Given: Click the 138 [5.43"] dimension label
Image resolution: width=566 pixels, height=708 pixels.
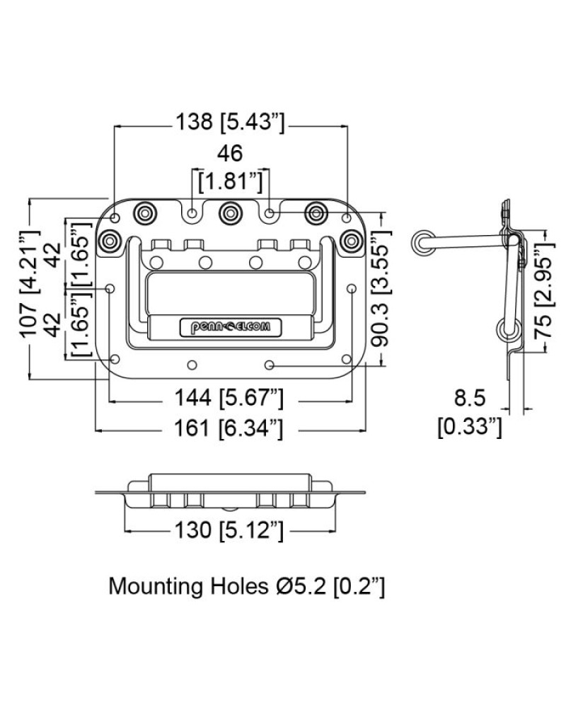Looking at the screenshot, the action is coord(230,122).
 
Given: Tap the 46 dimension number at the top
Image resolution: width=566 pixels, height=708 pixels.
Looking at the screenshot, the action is coord(230,154).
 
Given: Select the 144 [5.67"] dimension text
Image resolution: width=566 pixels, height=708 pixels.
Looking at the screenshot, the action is coord(229,398).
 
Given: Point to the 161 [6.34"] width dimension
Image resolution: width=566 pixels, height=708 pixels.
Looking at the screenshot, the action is coord(229,428).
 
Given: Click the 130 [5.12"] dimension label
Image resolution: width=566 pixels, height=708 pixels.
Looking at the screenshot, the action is coord(229,530).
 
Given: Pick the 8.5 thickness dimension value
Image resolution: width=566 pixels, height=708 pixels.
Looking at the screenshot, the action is coord(470,398).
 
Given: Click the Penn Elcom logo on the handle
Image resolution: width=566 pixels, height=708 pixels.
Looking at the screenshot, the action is coord(231,326).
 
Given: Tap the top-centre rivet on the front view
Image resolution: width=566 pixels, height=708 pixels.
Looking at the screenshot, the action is coord(230,213).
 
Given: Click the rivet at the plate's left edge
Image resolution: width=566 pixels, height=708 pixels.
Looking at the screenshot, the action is coord(110,241).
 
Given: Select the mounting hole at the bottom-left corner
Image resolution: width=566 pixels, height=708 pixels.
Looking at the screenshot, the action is coord(115,360).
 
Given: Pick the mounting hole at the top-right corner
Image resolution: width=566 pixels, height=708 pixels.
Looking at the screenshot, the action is coord(346,219).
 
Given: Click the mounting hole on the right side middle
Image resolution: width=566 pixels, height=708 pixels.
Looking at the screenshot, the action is coord(352,289).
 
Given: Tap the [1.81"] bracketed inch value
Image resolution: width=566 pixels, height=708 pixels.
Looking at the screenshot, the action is coord(231,181).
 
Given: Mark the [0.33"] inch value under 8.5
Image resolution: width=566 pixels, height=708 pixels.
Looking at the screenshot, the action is coord(470,427).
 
